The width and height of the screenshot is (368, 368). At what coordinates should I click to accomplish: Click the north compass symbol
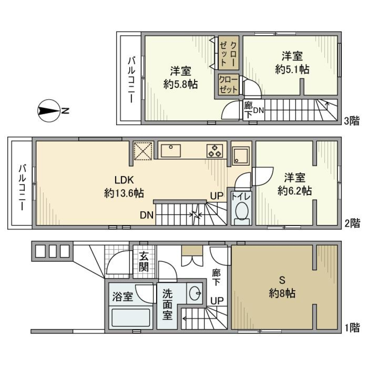coord(49,111)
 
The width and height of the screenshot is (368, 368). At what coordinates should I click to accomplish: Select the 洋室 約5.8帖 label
coord(180,77)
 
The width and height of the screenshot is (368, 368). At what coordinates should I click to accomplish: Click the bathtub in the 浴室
coord(131,317)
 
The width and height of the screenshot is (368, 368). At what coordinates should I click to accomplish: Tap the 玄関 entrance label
coord(144,262)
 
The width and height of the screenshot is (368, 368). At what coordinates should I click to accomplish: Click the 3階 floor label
coord(352,122)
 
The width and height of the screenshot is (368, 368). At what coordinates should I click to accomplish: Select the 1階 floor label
coord(352,328)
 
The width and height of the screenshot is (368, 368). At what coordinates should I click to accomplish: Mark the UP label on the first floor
coord(216,300)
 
